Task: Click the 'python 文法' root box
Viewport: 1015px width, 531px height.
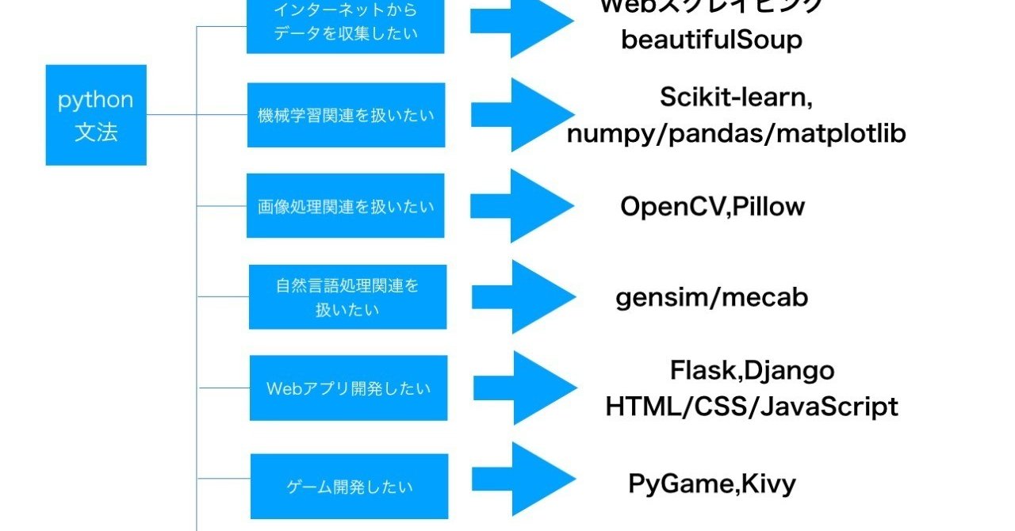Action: [96, 115]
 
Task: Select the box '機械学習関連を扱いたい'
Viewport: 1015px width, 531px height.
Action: [346, 115]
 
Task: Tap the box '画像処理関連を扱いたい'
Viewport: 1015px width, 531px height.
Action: [346, 206]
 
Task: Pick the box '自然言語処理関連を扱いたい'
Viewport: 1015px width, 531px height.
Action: [347, 297]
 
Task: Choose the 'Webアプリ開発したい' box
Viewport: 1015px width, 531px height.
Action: [348, 388]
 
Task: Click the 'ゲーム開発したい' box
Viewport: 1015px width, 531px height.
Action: [349, 486]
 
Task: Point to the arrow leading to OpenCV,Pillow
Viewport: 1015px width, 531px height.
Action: [523, 206]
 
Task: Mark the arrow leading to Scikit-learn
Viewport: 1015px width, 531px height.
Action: [523, 115]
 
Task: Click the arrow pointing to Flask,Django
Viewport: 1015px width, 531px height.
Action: [527, 388]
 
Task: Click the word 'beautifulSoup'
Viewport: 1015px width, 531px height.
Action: [711, 40]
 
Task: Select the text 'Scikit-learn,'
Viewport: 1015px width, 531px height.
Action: [736, 97]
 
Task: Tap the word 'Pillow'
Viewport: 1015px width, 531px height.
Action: [768, 207]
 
